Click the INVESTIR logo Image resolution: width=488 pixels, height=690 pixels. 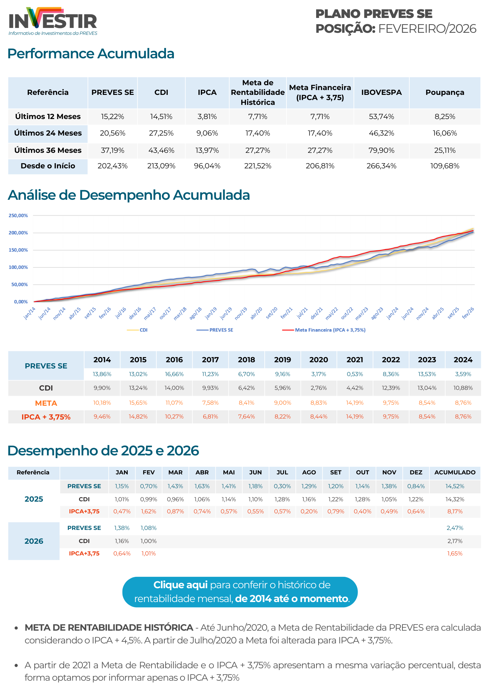(x=53, y=21)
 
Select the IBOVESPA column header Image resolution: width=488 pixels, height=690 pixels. (x=381, y=92)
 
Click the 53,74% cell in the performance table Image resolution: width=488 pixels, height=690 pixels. (x=381, y=117)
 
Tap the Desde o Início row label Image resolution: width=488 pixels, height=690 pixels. (x=48, y=166)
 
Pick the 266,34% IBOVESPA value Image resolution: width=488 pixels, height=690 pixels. (x=381, y=166)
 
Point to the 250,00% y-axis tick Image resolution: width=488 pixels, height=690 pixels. (x=18, y=216)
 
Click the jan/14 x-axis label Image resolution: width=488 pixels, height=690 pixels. (x=30, y=313)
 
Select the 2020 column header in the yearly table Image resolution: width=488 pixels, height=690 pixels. (x=319, y=360)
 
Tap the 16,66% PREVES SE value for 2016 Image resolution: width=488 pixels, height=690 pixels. (x=174, y=374)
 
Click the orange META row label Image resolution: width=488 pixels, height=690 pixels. (x=46, y=403)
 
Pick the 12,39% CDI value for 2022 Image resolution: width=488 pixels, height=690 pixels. (x=391, y=388)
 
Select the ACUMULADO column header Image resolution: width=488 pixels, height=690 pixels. (x=455, y=472)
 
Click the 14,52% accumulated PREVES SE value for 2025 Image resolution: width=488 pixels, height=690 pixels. (x=455, y=486)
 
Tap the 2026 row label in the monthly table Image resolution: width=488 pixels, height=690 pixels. (x=34, y=541)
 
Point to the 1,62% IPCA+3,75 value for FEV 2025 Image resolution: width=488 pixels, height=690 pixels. (x=149, y=511)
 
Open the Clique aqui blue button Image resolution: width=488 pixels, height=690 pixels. (x=240, y=592)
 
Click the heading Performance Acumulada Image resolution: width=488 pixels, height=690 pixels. (x=91, y=54)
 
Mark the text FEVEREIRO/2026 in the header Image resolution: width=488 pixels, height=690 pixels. (x=427, y=29)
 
